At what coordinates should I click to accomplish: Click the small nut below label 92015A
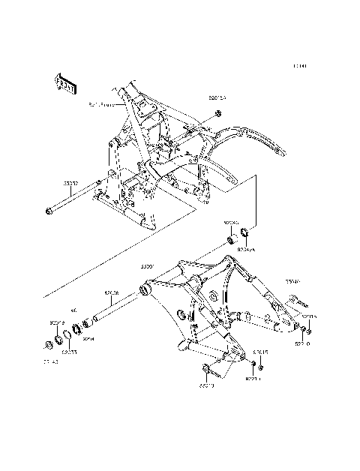217,113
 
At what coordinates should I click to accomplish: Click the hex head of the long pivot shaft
48,212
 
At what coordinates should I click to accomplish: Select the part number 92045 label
230,223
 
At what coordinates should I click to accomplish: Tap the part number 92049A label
246,248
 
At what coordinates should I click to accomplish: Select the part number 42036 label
113,293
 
